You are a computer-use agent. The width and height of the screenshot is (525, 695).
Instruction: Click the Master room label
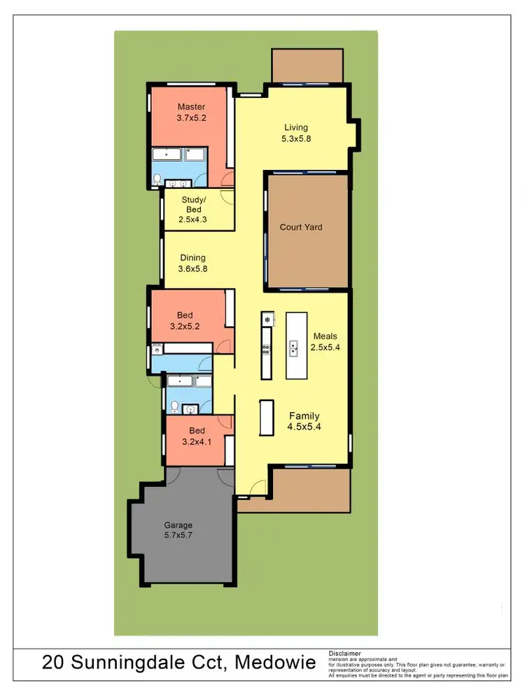(191, 107)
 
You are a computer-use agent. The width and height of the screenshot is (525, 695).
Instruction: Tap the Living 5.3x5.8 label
(296, 133)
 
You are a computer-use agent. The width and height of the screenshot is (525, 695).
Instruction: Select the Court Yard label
(301, 227)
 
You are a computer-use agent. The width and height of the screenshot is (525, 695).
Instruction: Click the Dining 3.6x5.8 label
(192, 262)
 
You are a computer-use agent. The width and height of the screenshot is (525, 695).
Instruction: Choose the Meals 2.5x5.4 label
(325, 341)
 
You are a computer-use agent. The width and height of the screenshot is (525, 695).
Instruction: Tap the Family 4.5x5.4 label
(304, 421)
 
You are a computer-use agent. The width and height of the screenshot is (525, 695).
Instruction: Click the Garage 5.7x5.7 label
(178, 531)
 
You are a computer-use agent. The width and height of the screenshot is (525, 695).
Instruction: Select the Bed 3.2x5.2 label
(185, 321)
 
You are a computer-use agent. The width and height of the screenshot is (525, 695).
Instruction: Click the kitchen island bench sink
(295, 345)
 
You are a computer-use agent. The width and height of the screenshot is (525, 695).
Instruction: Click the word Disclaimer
(345, 654)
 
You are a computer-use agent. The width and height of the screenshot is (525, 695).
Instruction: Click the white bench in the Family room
(266, 419)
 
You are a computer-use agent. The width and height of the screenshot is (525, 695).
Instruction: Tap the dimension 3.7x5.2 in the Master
(191, 118)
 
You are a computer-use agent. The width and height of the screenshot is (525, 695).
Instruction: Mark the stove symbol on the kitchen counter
(266, 320)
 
